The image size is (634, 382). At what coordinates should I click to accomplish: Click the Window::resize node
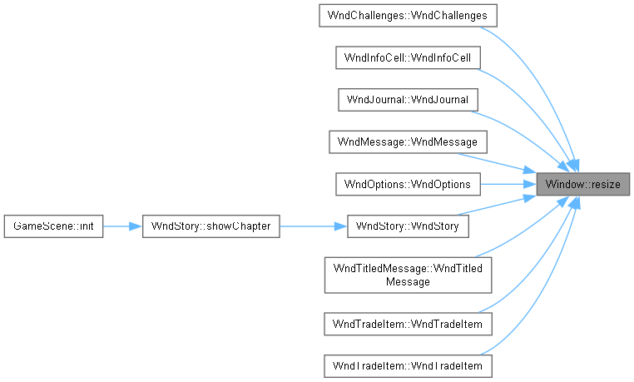582,184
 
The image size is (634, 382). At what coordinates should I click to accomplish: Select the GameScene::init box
53,226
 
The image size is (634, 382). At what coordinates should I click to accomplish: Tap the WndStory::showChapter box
211,226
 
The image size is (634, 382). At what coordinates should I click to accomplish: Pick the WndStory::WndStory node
408,226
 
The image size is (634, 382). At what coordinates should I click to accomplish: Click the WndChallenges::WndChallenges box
408,16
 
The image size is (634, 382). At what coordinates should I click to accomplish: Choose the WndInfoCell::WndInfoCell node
408,57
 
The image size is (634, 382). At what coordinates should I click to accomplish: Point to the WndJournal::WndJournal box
408,100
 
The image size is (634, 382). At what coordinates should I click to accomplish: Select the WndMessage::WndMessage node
408,141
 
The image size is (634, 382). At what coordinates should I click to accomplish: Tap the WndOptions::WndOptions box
408,184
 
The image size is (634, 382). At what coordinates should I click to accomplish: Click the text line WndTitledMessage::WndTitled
408,269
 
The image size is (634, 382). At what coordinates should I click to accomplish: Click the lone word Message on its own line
408,281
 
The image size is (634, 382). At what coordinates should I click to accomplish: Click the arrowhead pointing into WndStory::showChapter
136,226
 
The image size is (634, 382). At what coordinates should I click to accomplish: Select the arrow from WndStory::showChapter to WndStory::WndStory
314,226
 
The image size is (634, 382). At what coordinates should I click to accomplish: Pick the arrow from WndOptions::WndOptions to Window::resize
508,184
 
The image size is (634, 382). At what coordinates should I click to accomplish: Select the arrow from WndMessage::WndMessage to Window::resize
498,163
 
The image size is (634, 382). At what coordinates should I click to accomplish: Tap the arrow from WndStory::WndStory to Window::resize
498,206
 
